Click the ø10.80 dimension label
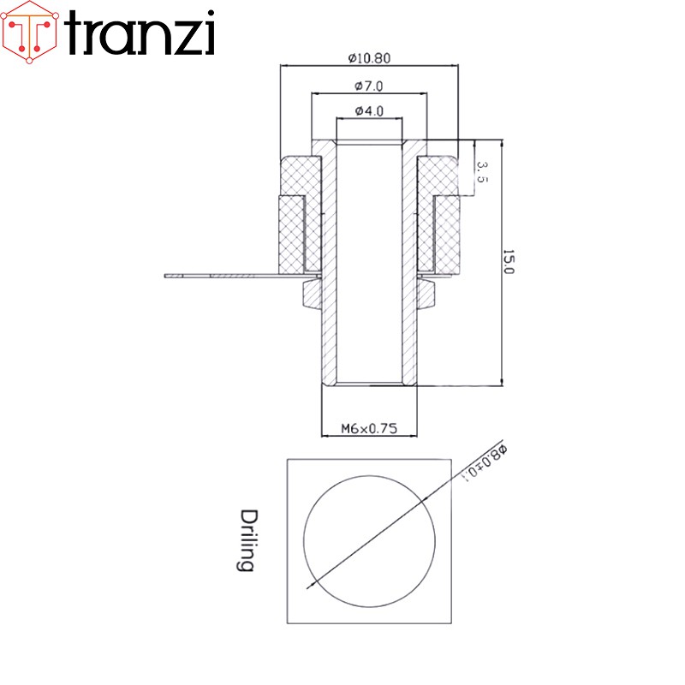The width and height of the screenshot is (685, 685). coord(370,58)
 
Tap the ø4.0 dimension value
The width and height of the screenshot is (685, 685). coord(368,111)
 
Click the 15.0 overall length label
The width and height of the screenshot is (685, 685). coord(508,262)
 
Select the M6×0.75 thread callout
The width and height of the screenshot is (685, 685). coord(368,429)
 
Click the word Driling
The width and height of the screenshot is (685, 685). coord(247,541)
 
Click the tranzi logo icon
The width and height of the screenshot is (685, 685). coord(31,32)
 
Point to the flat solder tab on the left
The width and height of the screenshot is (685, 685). coord(223,276)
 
